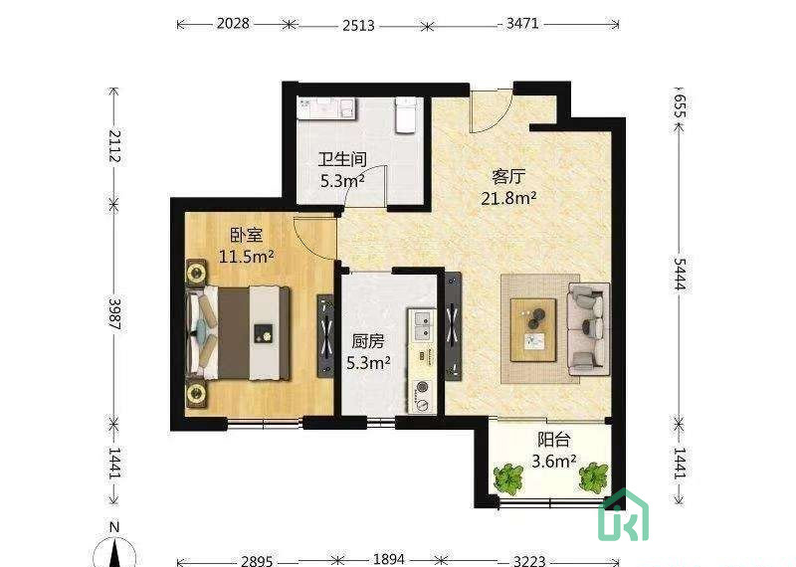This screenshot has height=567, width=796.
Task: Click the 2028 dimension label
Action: coord(233,23)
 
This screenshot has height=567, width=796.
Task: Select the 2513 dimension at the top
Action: coord(358,25)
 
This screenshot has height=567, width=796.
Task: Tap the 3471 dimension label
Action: coord(521,23)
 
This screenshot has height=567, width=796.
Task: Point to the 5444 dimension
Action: coord(680,274)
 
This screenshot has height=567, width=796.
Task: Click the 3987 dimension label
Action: coord(114,313)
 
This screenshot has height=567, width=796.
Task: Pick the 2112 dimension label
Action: coord(114,146)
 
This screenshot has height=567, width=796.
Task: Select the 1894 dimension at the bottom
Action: coord(389,559)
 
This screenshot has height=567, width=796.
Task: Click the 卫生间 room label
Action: coord(342,159)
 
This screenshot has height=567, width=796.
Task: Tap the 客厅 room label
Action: coord(508,177)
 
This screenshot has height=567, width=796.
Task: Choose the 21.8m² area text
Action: coord(508,198)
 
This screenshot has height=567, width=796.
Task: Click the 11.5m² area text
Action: coord(246,257)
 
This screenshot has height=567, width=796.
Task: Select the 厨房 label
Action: coord(368,341)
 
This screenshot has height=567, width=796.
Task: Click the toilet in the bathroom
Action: coord(406,114)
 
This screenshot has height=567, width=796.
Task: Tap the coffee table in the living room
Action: coord(533,330)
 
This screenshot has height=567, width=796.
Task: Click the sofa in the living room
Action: coord(589,329)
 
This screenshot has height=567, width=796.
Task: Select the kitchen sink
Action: coord(422,326)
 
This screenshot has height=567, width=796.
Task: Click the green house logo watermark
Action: coord(624,514)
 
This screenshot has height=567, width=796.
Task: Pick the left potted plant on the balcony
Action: coord(508,478)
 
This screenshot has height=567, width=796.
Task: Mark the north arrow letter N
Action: coord(114,527)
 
